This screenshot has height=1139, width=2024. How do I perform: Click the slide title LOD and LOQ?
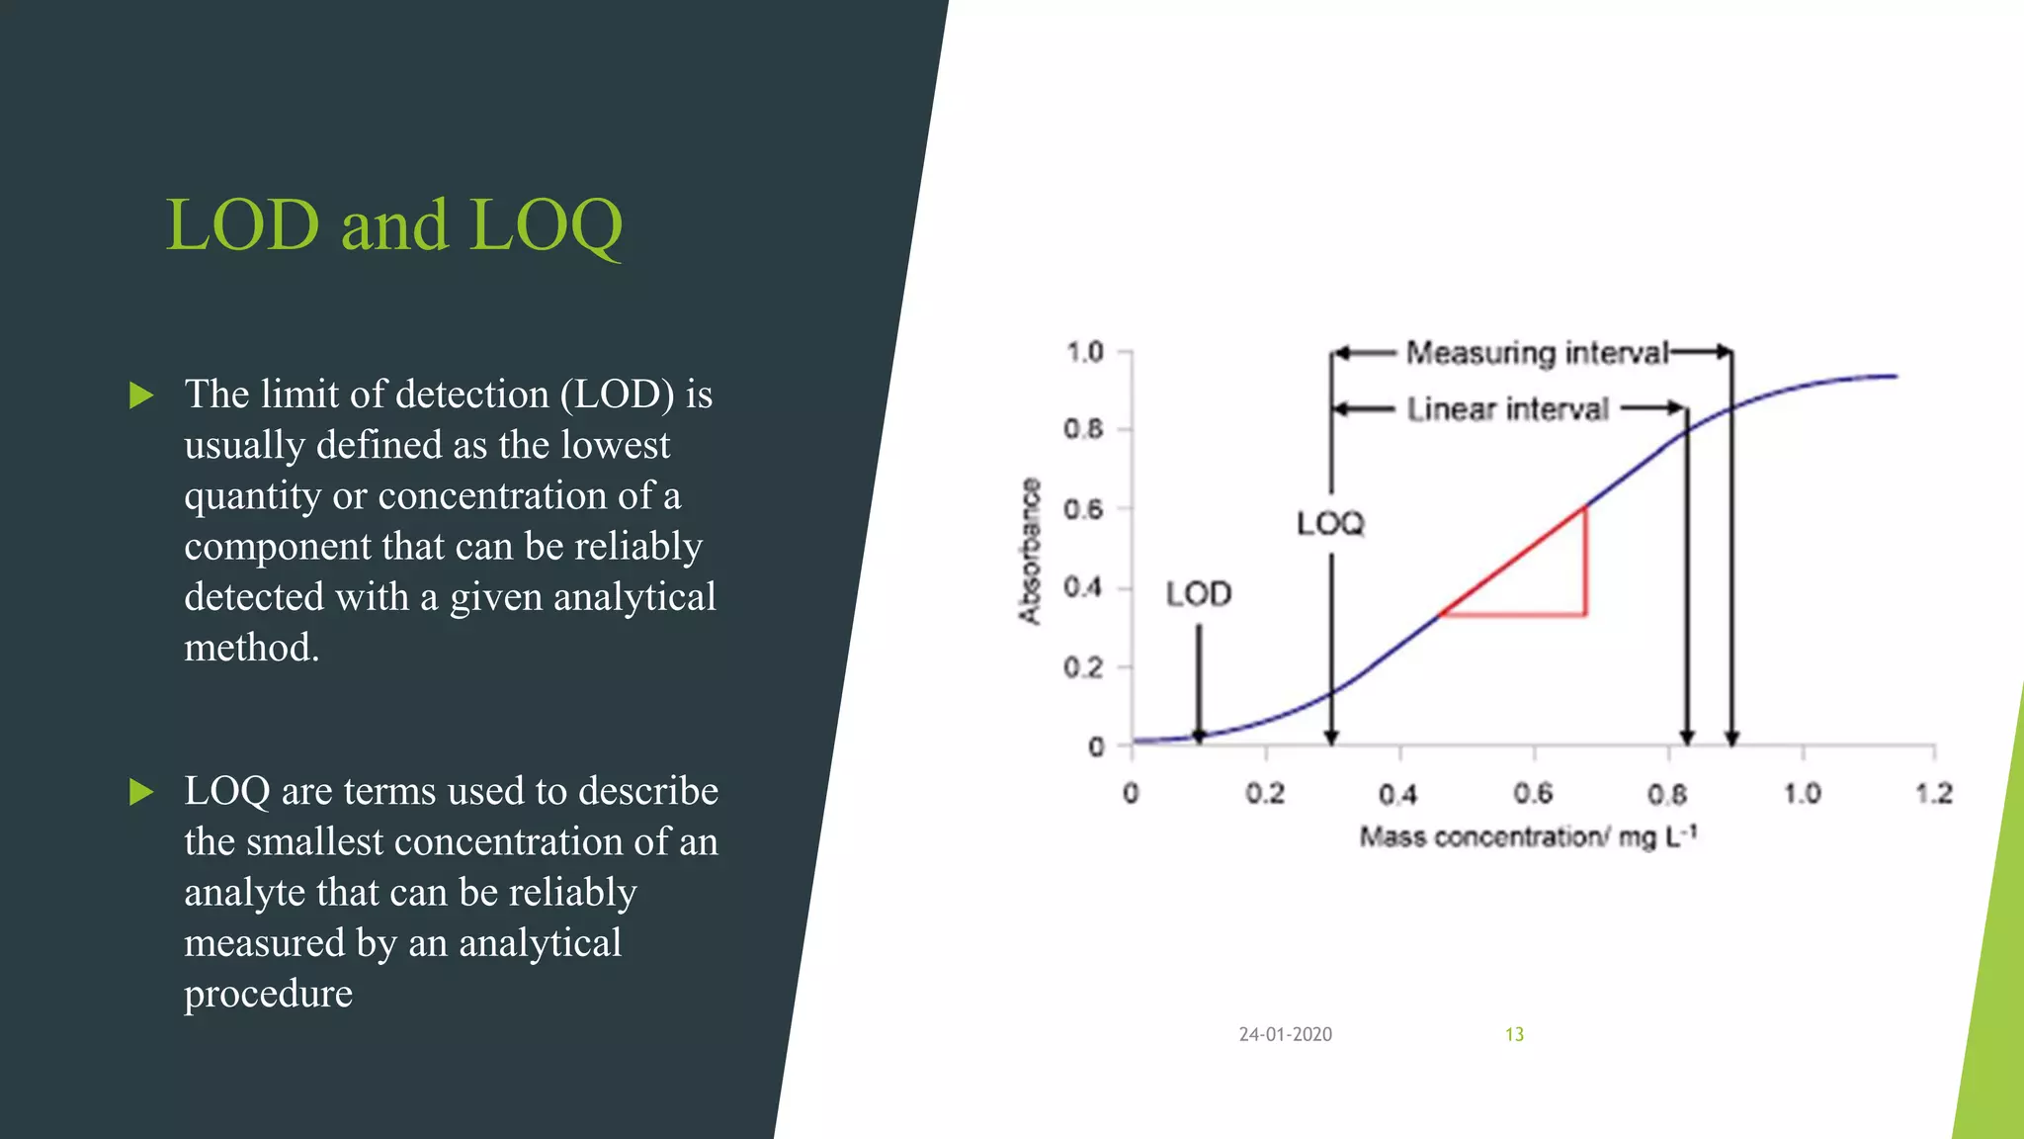393,225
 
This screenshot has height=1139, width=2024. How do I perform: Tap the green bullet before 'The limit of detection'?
142,395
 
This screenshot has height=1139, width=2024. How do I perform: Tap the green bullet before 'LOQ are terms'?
142,792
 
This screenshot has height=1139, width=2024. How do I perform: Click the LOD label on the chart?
1199,594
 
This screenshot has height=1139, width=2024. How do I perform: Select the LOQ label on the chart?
1330,523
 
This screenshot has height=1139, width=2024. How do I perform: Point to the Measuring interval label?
1537,353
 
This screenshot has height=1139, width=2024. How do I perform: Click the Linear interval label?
1508,409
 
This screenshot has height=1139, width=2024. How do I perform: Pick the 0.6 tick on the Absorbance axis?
1083,509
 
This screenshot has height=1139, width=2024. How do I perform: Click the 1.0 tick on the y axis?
1084,352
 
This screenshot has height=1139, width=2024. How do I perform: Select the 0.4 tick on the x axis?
1398,793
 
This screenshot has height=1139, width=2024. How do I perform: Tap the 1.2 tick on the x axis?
1934,793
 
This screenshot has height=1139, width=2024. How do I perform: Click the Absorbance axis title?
1030,551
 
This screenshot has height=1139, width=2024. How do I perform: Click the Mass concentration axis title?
1528,837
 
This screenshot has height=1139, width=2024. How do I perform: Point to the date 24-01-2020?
1285,1034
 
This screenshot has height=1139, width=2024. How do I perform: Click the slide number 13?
1514,1034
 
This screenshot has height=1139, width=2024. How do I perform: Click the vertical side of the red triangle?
1586,562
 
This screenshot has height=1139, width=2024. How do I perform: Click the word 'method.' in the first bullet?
252,648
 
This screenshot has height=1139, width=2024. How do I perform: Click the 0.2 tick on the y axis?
1083,667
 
